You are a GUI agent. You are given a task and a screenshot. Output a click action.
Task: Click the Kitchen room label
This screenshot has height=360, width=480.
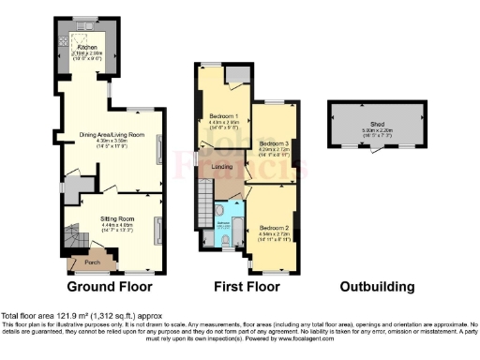86,45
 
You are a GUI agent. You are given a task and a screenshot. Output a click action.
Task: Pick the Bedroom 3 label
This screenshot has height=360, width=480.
273,141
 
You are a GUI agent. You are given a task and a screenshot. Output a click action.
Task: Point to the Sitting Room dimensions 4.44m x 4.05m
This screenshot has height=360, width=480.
118,224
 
